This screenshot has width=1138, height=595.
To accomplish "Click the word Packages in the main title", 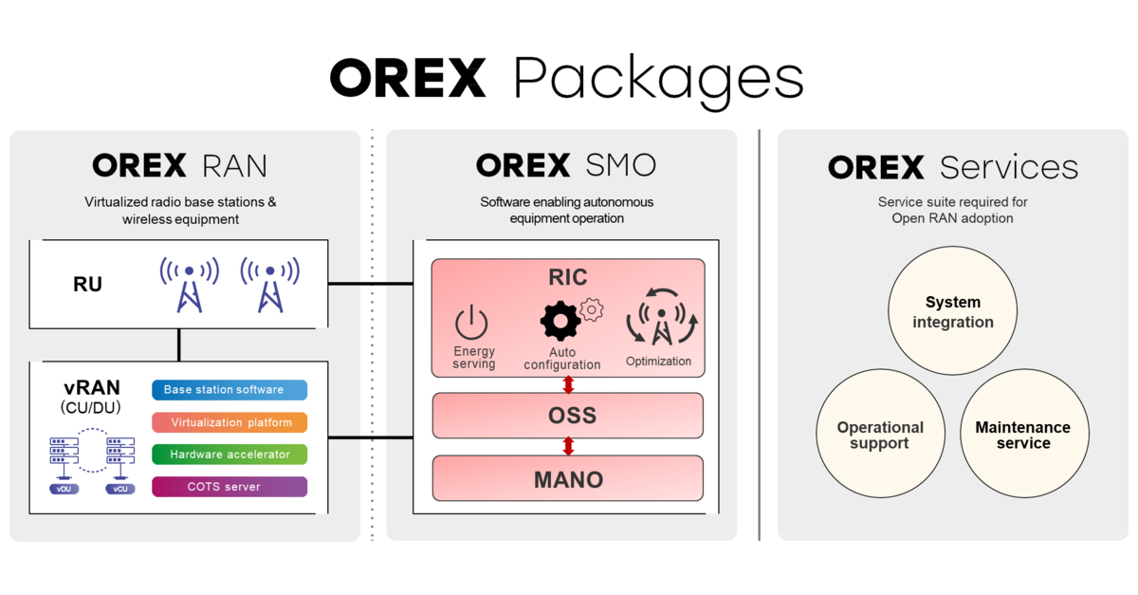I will tap(658, 79).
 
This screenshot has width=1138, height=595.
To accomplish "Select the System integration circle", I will tap(952, 312).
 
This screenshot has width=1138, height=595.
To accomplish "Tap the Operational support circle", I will tap(879, 436).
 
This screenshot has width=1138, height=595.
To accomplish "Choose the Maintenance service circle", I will tap(1022, 436).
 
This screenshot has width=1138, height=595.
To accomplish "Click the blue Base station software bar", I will tap(229, 390).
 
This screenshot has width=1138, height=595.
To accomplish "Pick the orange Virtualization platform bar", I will tap(229, 422).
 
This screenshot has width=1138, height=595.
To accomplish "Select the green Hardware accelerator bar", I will tap(229, 455).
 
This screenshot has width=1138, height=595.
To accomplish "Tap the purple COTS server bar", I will tap(229, 487).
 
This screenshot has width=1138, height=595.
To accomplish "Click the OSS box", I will tap(567, 416).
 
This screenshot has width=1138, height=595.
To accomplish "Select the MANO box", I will tap(567, 479).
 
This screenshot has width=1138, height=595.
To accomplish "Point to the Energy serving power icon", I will tap(471, 324).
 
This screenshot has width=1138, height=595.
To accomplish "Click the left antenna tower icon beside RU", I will tap(190, 283).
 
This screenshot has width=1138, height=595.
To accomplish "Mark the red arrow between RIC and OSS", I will tap(568, 384).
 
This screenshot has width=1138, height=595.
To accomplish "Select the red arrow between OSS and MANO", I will tap(568, 446).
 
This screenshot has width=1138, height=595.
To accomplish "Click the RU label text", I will tap(87, 285).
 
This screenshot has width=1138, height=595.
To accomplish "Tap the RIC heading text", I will tap(567, 277).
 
